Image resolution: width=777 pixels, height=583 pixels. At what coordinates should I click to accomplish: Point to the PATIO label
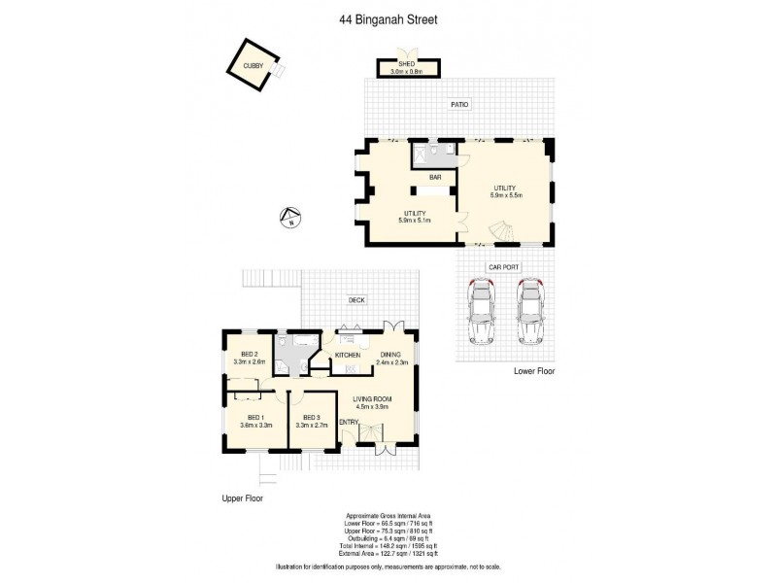(457, 103)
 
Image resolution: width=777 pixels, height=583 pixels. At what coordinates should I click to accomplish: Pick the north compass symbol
(288, 218)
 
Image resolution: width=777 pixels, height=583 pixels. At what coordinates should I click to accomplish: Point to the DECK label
(357, 300)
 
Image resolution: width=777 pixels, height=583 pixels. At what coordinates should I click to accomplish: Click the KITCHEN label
(348, 356)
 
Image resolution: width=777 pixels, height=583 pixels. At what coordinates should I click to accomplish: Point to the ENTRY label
(349, 421)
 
